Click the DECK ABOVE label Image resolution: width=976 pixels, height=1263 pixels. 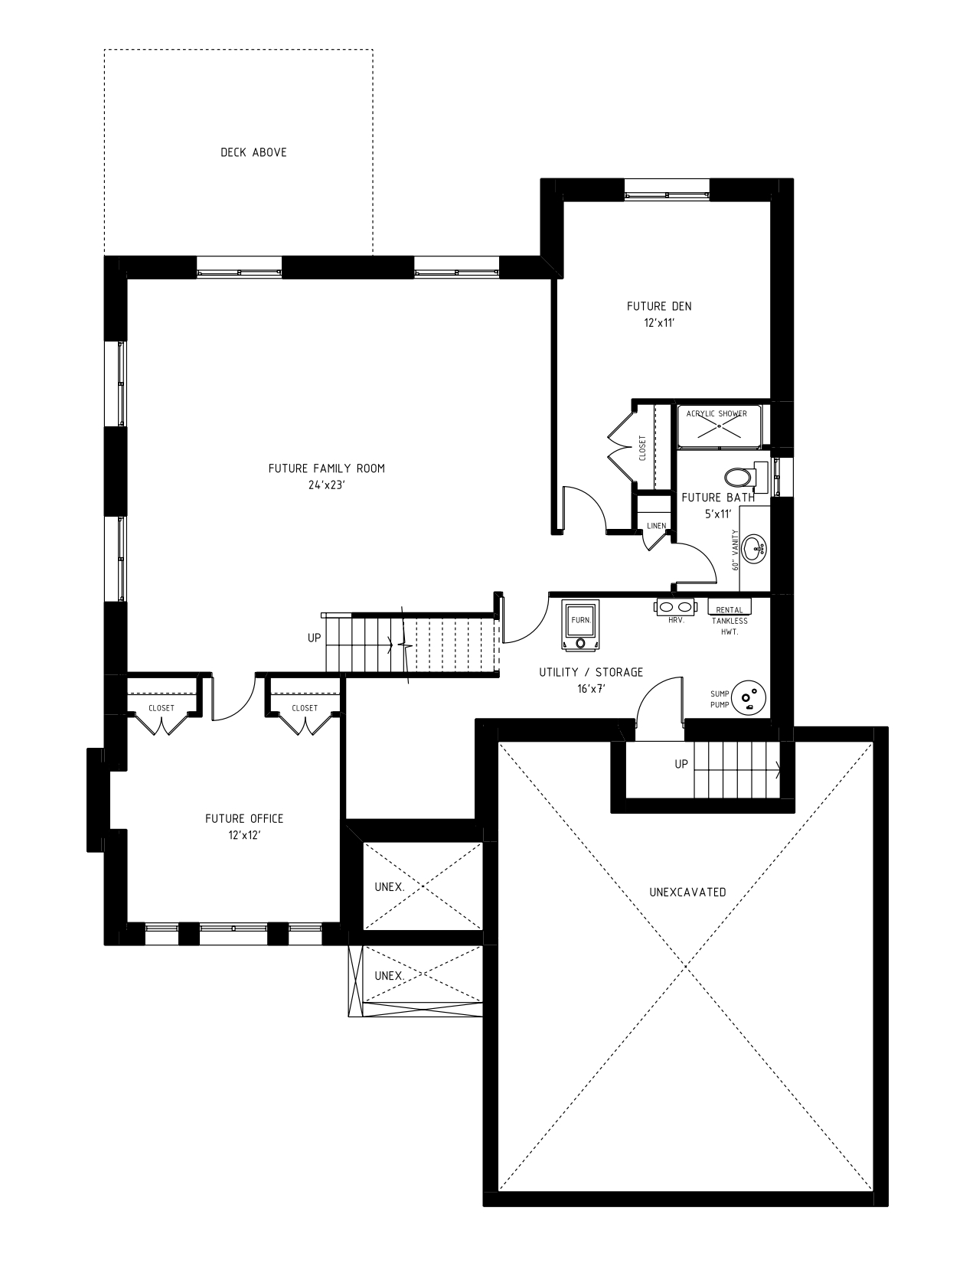pyautogui.click(x=253, y=152)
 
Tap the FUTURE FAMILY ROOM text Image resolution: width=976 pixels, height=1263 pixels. pyautogui.click(x=326, y=468)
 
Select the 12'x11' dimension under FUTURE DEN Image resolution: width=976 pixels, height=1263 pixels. pyautogui.click(x=658, y=323)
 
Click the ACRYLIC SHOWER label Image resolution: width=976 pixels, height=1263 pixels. pyautogui.click(x=716, y=414)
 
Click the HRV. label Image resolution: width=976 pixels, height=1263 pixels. pyautogui.click(x=676, y=620)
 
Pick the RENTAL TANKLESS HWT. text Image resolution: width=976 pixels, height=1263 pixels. pyautogui.click(x=730, y=622)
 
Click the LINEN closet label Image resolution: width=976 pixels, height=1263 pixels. pyautogui.click(x=656, y=526)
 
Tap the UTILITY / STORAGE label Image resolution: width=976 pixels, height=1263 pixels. pyautogui.click(x=591, y=672)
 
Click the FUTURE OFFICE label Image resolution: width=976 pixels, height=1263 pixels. pyautogui.click(x=244, y=818)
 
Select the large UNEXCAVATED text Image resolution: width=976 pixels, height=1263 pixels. pyautogui.click(x=687, y=892)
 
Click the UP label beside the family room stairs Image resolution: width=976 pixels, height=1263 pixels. pyautogui.click(x=314, y=638)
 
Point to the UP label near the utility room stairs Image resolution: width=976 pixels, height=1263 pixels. pyautogui.click(x=681, y=764)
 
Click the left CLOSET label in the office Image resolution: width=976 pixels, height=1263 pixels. pyautogui.click(x=162, y=708)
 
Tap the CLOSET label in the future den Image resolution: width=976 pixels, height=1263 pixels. pyautogui.click(x=642, y=448)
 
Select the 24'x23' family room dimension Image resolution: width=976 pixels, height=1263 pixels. pyautogui.click(x=327, y=485)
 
